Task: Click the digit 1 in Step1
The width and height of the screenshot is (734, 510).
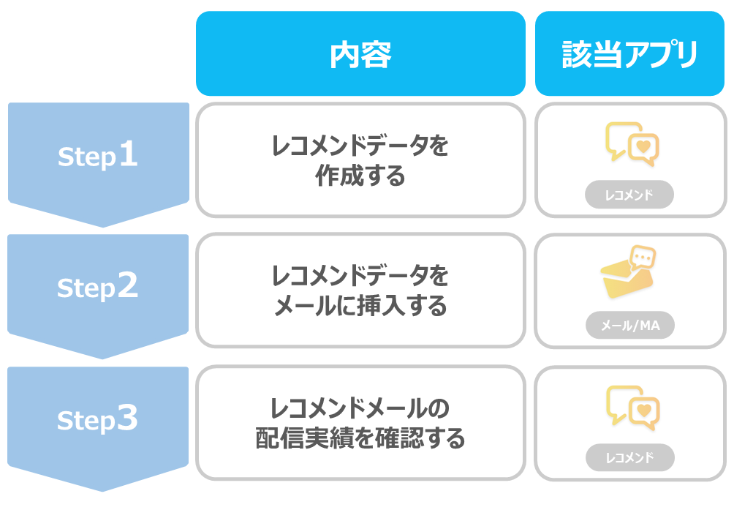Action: [128, 154]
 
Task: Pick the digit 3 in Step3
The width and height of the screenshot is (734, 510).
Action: [127, 418]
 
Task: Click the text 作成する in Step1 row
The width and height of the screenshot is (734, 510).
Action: [360, 176]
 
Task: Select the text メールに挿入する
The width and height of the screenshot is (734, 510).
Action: [360, 307]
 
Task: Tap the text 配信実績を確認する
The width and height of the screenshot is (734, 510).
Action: [360, 438]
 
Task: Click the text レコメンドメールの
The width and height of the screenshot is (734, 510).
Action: [360, 408]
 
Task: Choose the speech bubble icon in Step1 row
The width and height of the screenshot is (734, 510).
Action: [632, 144]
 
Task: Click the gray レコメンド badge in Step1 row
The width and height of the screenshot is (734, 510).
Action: [629, 195]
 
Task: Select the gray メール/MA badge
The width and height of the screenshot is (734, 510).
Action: [630, 325]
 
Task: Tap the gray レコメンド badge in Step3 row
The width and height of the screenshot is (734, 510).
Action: [630, 457]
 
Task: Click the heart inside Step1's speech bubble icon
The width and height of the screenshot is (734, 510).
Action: [644, 146]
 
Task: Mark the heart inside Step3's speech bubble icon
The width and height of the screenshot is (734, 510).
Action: [645, 410]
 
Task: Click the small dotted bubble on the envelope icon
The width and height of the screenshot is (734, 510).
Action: [643, 257]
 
